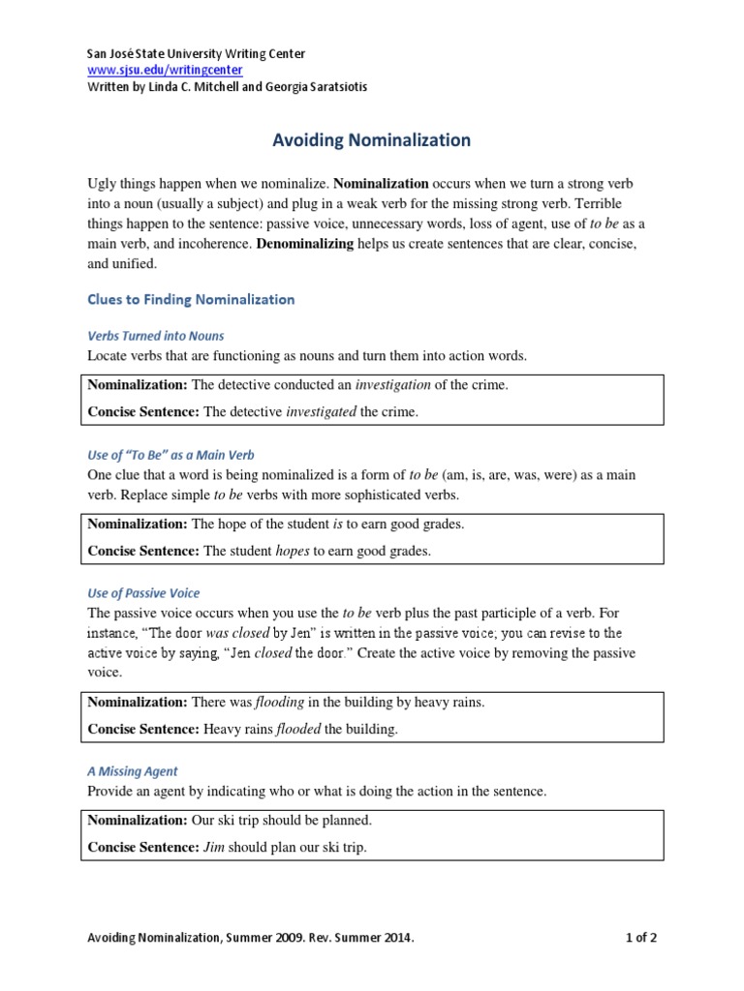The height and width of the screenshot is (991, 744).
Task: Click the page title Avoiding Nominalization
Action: pos(370,140)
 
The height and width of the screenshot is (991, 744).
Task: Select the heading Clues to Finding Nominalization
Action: pos(191,300)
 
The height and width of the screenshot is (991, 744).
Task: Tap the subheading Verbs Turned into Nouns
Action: pos(155,336)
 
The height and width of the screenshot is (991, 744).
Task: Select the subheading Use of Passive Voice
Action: pos(143,592)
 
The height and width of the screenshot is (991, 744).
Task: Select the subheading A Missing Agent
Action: pos(133,771)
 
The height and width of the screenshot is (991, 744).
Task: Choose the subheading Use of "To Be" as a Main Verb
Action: pos(170,454)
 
